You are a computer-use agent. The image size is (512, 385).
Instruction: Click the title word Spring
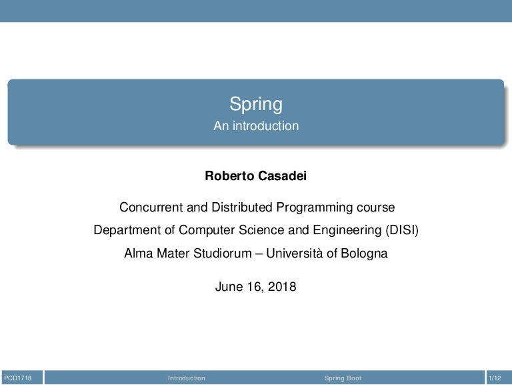[256, 105]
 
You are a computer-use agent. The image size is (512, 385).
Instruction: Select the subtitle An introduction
[256, 125]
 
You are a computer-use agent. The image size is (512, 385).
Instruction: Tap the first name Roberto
[226, 176]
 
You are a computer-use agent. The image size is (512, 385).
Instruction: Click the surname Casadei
[278, 176]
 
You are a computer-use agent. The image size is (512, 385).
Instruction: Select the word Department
[125, 231]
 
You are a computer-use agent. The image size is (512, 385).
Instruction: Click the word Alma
[137, 254]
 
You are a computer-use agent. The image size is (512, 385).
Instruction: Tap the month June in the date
[229, 287]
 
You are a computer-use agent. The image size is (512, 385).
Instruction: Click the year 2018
[282, 287]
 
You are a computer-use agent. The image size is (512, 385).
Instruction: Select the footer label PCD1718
[17, 378]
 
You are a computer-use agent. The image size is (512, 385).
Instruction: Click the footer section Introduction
[187, 378]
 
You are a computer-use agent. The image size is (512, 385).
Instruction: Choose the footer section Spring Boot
[343, 378]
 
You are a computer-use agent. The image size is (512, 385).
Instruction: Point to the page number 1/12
[495, 378]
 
